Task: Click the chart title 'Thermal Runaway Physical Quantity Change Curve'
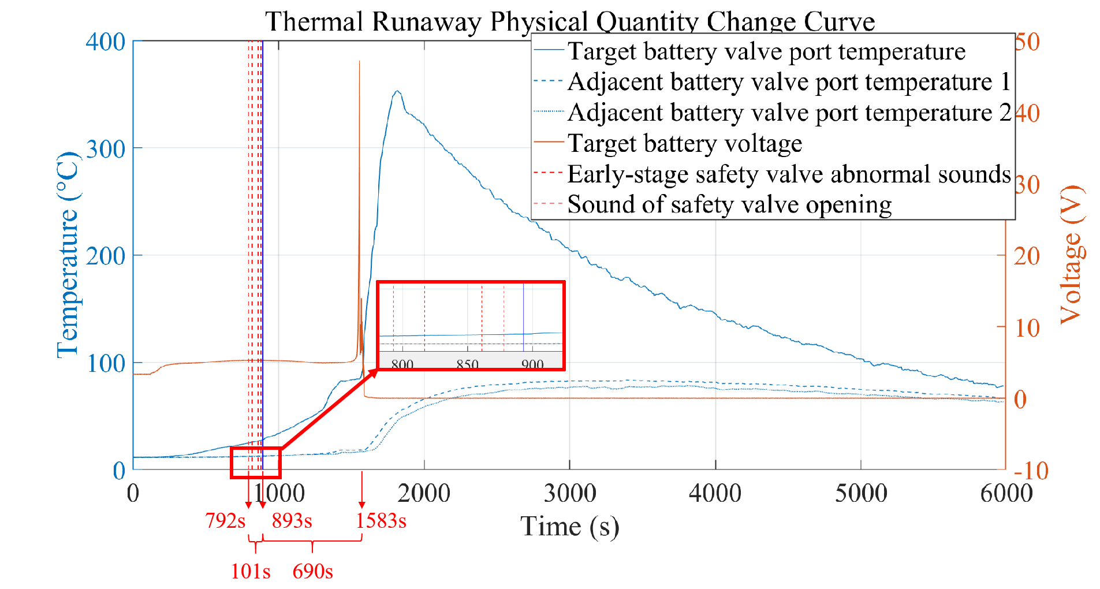click(x=570, y=22)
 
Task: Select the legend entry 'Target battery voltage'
click(x=685, y=143)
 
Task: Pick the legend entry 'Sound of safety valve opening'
click(x=729, y=204)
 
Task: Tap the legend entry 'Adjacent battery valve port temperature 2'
click(x=789, y=113)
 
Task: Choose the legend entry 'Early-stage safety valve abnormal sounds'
click(x=789, y=174)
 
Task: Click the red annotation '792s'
click(x=225, y=521)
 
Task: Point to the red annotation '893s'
click(x=292, y=521)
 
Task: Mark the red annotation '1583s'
click(x=381, y=521)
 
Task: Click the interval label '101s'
click(x=251, y=571)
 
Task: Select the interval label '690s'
click(x=312, y=571)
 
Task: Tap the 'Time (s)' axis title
click(x=569, y=527)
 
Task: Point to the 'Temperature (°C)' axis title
click(x=68, y=255)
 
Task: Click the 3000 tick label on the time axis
click(x=570, y=494)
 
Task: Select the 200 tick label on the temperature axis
click(x=106, y=256)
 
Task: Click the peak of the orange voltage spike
click(x=359, y=61)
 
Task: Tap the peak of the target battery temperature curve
click(x=397, y=91)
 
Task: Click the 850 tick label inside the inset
click(x=468, y=364)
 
